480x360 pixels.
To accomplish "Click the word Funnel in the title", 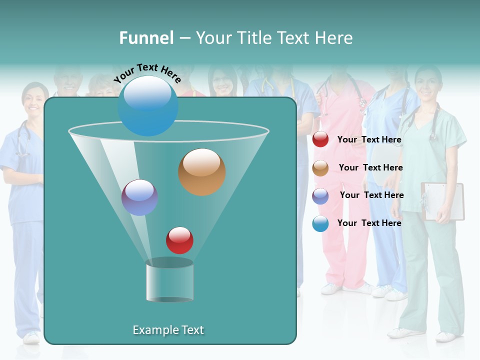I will (x=146, y=38).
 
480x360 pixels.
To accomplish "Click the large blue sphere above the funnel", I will (x=148, y=105).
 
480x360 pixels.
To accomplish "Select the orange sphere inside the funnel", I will (x=201, y=172).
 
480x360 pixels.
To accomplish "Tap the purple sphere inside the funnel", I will (x=139, y=197).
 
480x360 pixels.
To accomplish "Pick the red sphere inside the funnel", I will (x=179, y=240).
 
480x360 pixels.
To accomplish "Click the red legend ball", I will (x=320, y=139).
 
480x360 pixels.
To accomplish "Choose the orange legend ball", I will (x=320, y=168).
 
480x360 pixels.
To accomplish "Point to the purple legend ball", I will (x=320, y=195).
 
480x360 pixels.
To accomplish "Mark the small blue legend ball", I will (x=320, y=223).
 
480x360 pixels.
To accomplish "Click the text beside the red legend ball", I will (x=369, y=140).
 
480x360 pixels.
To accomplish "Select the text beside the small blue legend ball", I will (x=369, y=223).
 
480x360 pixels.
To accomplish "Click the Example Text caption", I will (x=168, y=330).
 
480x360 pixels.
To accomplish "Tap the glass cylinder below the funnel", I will (x=169, y=281).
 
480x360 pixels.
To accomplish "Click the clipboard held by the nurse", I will (x=443, y=201).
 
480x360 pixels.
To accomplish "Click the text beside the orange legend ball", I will (x=370, y=167).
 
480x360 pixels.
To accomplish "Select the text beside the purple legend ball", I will (x=371, y=195).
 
